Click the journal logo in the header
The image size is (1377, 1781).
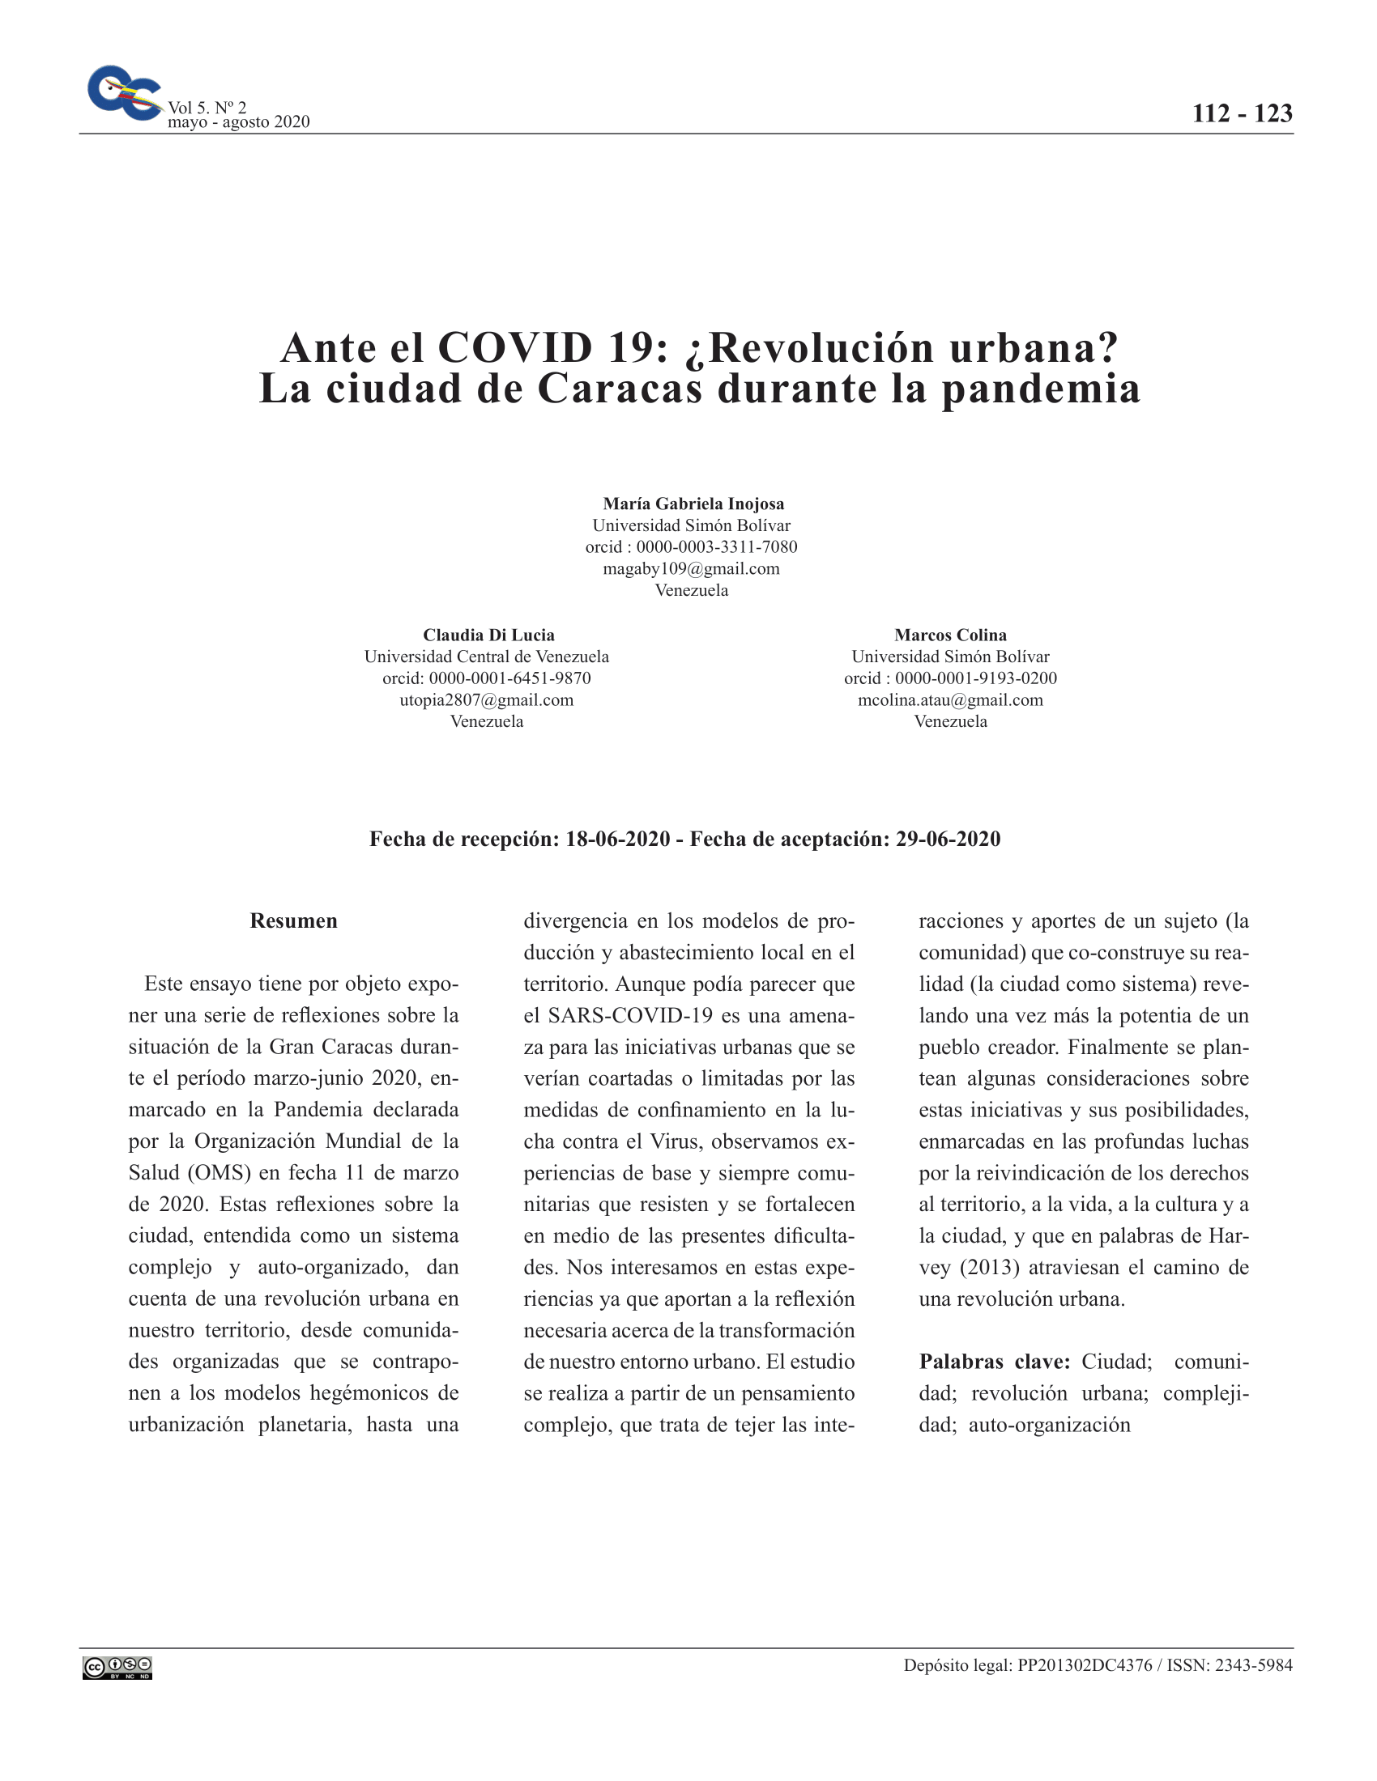124,92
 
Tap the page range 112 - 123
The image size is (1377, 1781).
1242,113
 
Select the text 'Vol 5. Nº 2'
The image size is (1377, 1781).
207,107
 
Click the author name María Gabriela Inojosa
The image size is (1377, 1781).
693,504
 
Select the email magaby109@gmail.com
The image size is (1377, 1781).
691,568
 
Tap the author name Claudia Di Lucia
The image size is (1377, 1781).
488,635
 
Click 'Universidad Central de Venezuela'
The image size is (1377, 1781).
486,657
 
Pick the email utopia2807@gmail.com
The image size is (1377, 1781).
486,699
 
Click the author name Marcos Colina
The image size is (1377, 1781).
949,635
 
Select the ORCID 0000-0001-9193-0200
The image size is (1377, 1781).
976,678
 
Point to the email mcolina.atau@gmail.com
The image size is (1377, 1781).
949,699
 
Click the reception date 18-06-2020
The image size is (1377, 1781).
617,839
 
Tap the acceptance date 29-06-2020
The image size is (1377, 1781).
947,839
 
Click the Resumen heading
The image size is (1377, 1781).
294,920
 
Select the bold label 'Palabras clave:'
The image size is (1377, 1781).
994,1361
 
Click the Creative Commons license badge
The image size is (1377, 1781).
117,1668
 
